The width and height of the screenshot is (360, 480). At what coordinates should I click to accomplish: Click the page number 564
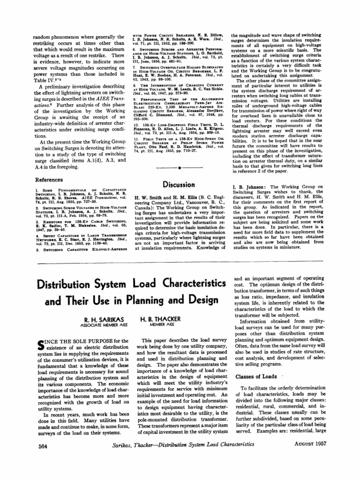pos(43,446)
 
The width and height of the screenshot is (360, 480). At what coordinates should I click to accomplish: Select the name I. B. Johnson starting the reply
pos(247,187)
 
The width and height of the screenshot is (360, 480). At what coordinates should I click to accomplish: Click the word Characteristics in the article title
pos(183,284)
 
